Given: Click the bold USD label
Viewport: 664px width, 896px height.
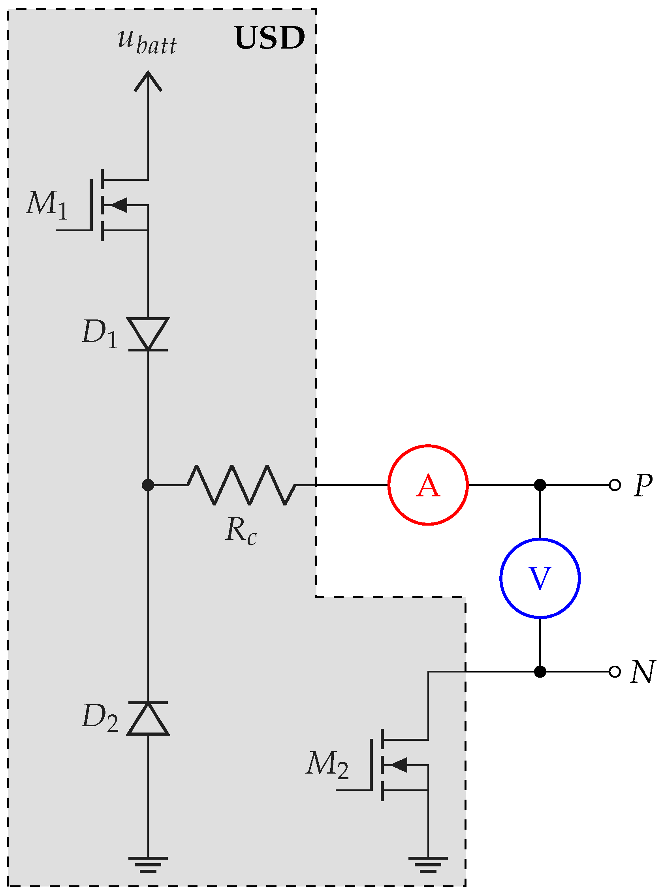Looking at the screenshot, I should pos(269,38).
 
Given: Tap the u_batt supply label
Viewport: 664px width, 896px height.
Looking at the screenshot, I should pos(147,42).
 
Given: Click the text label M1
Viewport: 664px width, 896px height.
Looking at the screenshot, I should pos(47,205).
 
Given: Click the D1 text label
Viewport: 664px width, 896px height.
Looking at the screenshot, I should pos(100,334).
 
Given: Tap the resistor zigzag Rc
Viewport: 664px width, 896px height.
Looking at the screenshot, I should pos(241,485).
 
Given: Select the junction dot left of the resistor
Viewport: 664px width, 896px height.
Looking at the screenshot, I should pos(148,485).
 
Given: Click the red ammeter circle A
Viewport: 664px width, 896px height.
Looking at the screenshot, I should pos(428,485).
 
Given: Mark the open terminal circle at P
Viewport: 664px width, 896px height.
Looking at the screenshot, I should pos(615,485).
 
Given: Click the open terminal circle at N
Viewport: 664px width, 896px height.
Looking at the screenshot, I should pos(615,672).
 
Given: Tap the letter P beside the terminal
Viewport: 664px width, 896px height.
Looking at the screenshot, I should pos(643,485).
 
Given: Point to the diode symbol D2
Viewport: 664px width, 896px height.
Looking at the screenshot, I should pos(148,718).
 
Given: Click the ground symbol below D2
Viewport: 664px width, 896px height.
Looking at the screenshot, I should pos(148,864).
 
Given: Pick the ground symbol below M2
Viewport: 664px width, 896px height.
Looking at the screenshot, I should pos(428,864).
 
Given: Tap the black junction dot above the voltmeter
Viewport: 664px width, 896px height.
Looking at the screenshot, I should pos(540,485).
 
